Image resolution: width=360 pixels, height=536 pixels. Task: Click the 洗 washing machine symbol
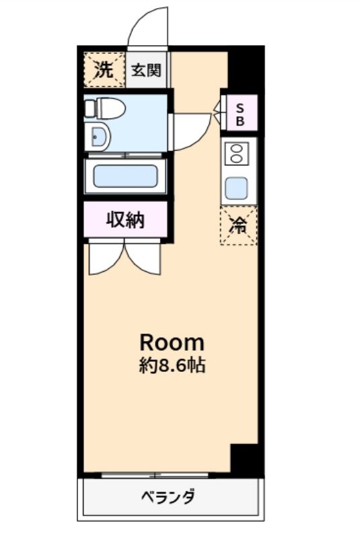click(104, 70)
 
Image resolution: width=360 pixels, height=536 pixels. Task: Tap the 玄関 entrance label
click(147, 70)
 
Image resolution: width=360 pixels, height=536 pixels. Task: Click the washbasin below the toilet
click(100, 137)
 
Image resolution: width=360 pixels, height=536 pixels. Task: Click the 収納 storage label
click(126, 221)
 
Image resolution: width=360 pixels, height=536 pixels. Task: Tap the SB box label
click(239, 114)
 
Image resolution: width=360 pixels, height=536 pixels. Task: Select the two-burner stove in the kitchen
click(238, 154)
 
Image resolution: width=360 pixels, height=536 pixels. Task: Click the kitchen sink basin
click(238, 186)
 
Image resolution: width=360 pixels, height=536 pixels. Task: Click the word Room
click(172, 342)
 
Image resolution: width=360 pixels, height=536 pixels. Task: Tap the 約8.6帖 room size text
click(172, 367)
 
